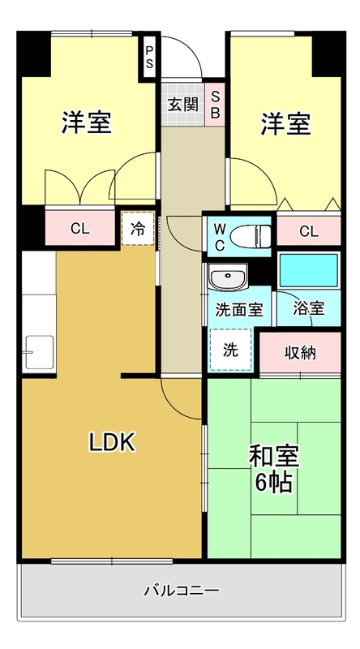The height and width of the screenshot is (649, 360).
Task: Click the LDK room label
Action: [x=111, y=442]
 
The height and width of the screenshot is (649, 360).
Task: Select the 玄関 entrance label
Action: [x=182, y=104]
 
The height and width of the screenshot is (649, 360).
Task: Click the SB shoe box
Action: [x=215, y=104]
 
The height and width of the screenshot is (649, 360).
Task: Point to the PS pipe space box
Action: [x=149, y=56]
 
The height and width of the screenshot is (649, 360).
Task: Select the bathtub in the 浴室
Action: [x=308, y=269]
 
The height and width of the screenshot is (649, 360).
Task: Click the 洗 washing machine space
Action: [x=231, y=350]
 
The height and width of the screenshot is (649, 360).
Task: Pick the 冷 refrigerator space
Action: [x=137, y=228]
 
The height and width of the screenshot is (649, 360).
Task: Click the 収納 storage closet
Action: [x=299, y=352]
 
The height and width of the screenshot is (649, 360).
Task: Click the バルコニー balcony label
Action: [x=181, y=590]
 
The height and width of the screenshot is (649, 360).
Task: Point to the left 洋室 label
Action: [x=86, y=124]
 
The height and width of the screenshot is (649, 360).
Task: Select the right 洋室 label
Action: [x=285, y=124]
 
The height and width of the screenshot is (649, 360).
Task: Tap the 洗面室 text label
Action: [x=238, y=309]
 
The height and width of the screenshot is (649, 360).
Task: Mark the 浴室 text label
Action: [x=309, y=308]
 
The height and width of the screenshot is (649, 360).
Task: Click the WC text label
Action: [x=219, y=235]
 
